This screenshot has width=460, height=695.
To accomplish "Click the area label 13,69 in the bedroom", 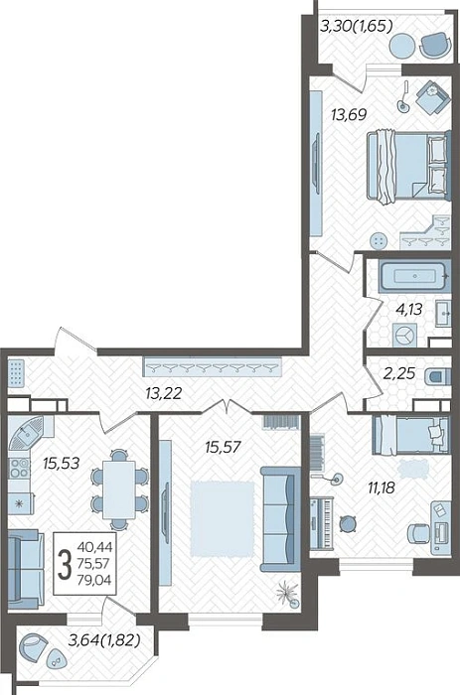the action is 349,115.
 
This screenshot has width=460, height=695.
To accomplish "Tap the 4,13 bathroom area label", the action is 408,309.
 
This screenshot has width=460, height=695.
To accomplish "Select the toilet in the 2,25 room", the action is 437,376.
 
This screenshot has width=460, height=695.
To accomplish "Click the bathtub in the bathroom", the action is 414,276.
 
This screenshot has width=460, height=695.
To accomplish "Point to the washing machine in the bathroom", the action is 404,335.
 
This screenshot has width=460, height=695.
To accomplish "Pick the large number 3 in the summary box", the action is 65,564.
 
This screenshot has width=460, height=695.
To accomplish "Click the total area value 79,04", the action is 94,579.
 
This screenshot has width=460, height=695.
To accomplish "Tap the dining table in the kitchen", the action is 119,489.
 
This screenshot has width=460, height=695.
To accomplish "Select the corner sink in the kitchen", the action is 26,432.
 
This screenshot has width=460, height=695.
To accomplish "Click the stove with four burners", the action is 19,468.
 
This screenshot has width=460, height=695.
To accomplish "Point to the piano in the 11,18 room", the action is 322,522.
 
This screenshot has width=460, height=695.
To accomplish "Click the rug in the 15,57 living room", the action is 222,518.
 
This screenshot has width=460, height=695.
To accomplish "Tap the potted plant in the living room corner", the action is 286,593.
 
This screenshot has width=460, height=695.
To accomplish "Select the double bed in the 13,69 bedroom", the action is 408,167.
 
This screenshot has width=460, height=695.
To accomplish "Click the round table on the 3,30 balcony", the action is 403,46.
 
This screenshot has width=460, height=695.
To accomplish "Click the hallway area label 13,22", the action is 163,393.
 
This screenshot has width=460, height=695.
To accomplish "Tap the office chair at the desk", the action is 418,533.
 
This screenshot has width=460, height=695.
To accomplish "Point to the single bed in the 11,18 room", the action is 410,435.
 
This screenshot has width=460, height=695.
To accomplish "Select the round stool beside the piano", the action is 348,523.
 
